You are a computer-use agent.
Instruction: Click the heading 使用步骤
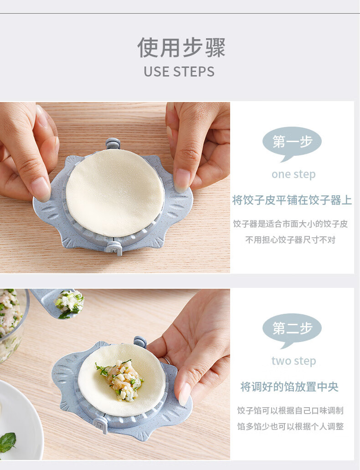[x=181, y=47]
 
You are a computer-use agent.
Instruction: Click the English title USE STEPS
[x=179, y=72]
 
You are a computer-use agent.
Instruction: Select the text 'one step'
[x=293, y=174]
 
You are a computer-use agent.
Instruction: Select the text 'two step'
[x=294, y=361]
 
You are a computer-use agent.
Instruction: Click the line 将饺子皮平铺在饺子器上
[x=292, y=200]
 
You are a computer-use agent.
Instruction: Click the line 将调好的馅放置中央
[x=289, y=387]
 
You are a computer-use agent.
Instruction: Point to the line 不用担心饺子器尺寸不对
[x=290, y=240]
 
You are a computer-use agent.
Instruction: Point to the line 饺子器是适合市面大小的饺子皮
[x=290, y=224]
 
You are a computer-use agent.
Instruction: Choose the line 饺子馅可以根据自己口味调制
[x=290, y=410]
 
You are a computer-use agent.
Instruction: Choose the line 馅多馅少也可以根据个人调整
[x=290, y=426]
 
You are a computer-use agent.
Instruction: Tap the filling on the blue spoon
[x=69, y=303]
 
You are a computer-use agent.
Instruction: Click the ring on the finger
[x=167, y=361]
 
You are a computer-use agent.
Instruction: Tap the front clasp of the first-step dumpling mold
[x=114, y=248]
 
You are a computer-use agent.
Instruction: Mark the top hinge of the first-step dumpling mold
[x=113, y=143]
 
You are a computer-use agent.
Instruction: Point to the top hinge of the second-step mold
[x=140, y=342]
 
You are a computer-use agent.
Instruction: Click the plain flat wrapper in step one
[x=115, y=193]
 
